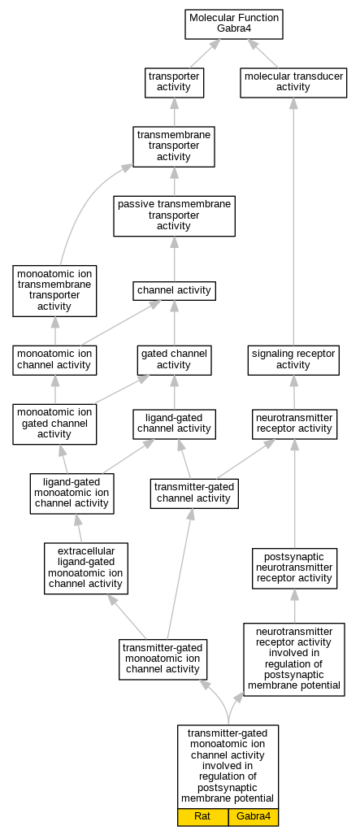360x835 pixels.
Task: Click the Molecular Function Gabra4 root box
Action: coord(234,24)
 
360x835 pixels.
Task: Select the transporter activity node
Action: coord(174,83)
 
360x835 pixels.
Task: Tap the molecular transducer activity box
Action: coord(293,83)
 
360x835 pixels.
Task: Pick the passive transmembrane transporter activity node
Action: coord(174,215)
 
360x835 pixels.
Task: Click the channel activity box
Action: coord(174,291)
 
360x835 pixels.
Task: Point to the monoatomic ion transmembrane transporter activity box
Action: coord(54,291)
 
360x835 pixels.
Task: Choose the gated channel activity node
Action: coord(174,360)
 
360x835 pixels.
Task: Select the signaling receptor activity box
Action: coord(293,360)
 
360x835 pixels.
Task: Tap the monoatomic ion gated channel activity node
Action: coord(54,424)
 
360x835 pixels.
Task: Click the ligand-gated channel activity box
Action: coord(174,424)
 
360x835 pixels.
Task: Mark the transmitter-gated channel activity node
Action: coord(194,494)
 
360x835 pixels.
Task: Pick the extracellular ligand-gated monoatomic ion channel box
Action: coord(86,568)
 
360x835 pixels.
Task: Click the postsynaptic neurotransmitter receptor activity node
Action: coord(294,568)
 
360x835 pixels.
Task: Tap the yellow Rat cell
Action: coord(202,817)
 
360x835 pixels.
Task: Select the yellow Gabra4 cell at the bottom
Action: coord(254,817)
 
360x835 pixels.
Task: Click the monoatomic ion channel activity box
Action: coord(54,360)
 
